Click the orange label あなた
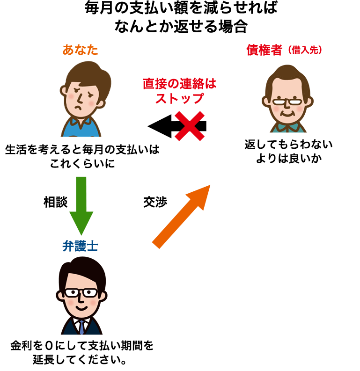coord(81,50)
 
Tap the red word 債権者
coord(265,50)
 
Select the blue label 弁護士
coord(81,246)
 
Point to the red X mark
coord(190,126)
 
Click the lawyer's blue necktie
coord(81,326)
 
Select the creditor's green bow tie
coord(287,127)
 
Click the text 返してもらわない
coord(288,145)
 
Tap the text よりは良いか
coord(288,158)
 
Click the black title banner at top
coord(181,16)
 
